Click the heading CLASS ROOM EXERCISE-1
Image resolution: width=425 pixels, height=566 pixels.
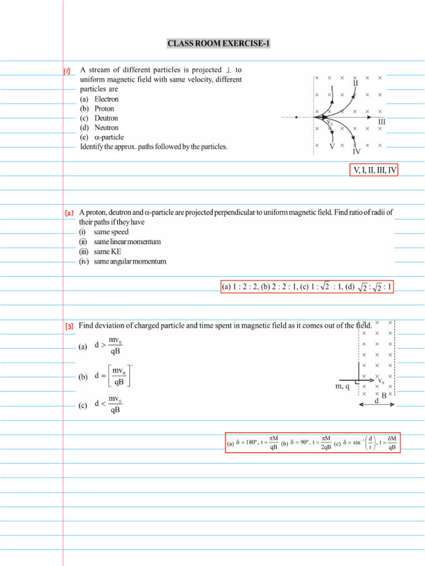coord(219,44)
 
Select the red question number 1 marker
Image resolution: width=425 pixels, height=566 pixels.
coord(67,71)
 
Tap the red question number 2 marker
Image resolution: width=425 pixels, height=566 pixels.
coord(69,213)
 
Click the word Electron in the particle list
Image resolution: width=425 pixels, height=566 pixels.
coord(106,99)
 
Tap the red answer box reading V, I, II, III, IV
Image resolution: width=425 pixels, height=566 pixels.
coord(374,170)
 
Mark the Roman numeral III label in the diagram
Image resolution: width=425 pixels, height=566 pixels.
coord(382,122)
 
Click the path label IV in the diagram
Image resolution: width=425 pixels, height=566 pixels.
coord(356,151)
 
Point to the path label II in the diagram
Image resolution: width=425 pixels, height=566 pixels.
coord(355,83)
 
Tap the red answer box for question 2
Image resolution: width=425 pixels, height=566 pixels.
coord(307,286)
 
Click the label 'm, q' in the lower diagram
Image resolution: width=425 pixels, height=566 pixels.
coord(343,387)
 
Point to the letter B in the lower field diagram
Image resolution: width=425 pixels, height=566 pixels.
coord(384,396)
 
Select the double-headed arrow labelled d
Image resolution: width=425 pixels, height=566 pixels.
coord(377,405)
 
